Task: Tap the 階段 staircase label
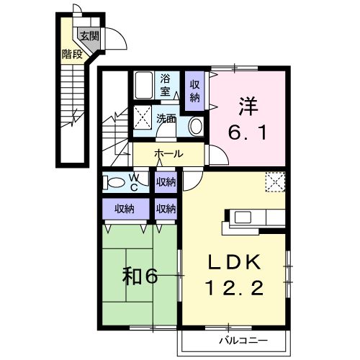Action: coord(71,53)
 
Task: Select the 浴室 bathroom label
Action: coord(165,85)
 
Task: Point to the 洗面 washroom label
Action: coord(166,119)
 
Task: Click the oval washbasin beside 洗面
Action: coord(194,125)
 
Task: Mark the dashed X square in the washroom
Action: coord(143,117)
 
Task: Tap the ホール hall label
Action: coord(168,154)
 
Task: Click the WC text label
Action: coord(134,181)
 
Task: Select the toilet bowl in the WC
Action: coord(114,181)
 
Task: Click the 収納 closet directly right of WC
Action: coord(166,182)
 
